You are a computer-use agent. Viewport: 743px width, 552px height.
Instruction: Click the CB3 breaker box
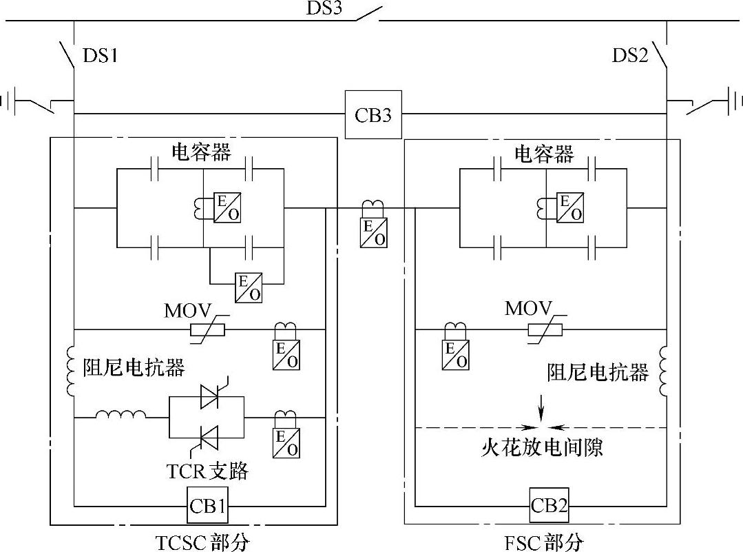point(373,114)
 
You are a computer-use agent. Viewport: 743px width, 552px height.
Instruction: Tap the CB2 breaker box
point(549,507)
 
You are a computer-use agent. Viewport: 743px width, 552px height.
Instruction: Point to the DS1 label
point(100,55)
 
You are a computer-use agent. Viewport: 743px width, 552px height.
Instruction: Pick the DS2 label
point(630,55)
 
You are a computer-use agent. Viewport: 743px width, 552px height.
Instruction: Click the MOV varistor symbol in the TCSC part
point(207,330)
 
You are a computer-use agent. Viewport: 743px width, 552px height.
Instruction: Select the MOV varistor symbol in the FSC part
point(545,330)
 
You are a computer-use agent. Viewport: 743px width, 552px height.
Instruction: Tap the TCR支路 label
point(207,471)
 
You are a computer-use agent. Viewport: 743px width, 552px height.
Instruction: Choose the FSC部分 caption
point(543,542)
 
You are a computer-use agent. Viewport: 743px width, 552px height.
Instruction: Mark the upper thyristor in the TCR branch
point(208,396)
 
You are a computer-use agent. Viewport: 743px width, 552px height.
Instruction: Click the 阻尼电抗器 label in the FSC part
point(598,373)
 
